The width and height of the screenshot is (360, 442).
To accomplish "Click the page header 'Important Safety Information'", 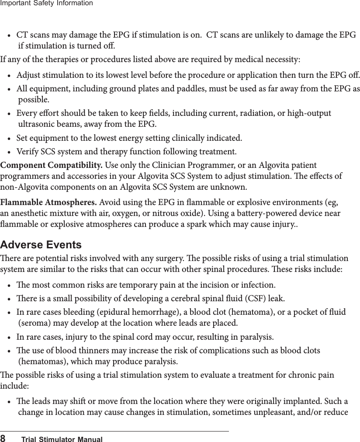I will tap(46, 3).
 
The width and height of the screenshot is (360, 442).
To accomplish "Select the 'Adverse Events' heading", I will tap(41, 244).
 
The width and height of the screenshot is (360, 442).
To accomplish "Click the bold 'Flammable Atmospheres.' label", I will tap(49, 202).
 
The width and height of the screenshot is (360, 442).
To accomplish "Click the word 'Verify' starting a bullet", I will tap(27, 152).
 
